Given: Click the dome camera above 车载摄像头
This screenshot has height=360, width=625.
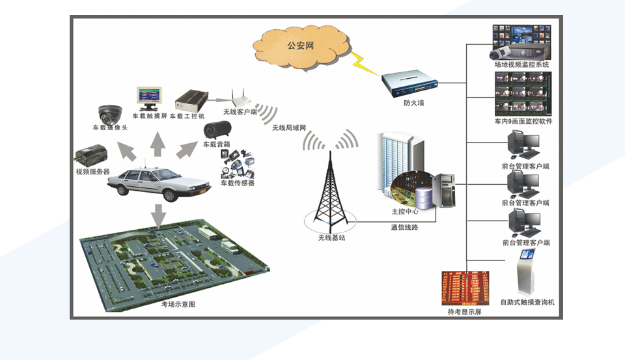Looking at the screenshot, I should tap(110, 115).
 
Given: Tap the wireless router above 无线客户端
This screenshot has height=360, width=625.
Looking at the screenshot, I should tap(238, 99).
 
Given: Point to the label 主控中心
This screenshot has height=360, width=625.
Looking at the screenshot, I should tap(404, 212).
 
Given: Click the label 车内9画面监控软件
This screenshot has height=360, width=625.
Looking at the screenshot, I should tap(523, 122).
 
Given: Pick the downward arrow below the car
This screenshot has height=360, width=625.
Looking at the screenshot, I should tap(158, 213).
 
